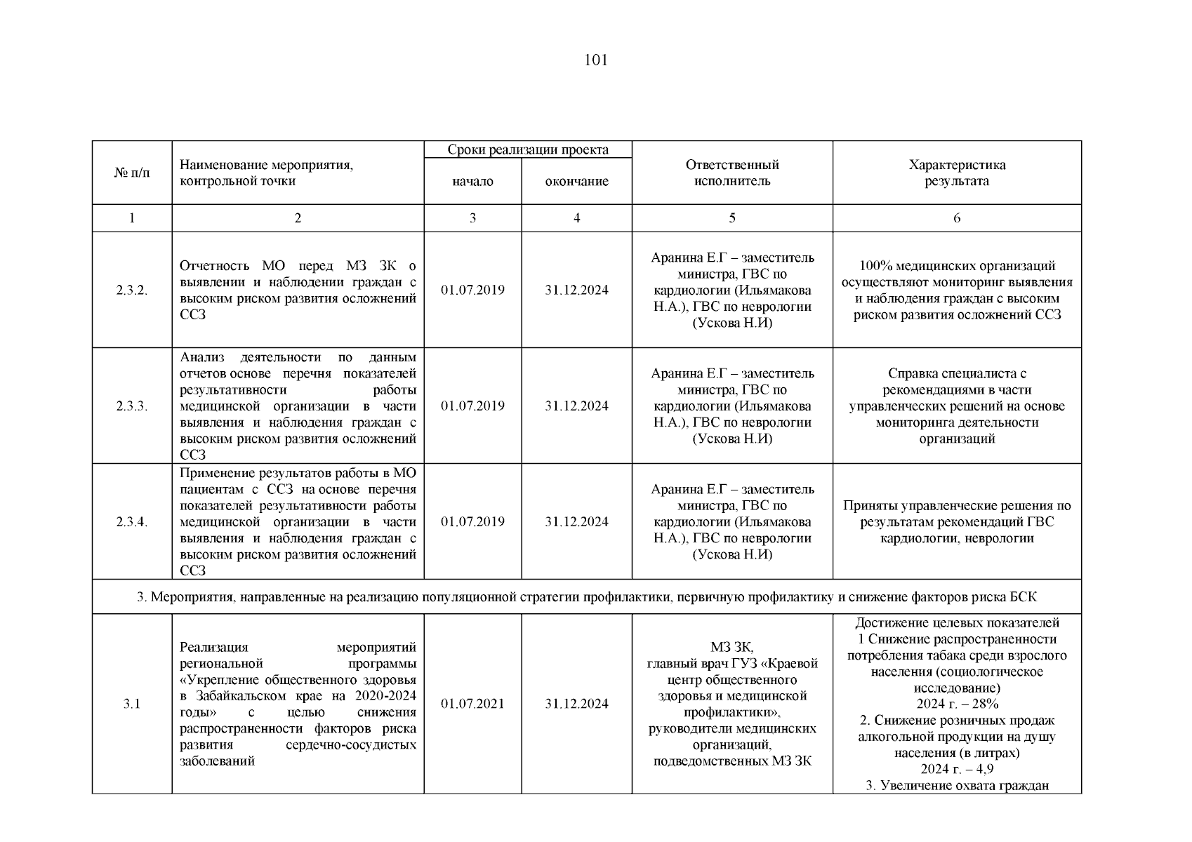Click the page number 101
pos(595,60)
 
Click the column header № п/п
pos(132,173)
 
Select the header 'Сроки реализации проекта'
pos(528,149)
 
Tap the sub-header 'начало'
pos(472,181)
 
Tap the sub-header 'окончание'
pos(576,181)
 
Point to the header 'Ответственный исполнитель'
pos(732,173)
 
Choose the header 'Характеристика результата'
pos(957,173)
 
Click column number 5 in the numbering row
pos(732,218)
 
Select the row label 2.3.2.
pos(132,290)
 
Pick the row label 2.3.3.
pos(132,406)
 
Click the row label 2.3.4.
pos(132,521)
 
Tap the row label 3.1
pos(132,704)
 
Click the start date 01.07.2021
pos(472,704)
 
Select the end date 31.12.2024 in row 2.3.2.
pos(576,290)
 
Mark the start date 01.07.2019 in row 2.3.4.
pos(472,521)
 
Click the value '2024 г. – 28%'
pos(957,704)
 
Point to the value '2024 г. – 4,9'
pos(957,769)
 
